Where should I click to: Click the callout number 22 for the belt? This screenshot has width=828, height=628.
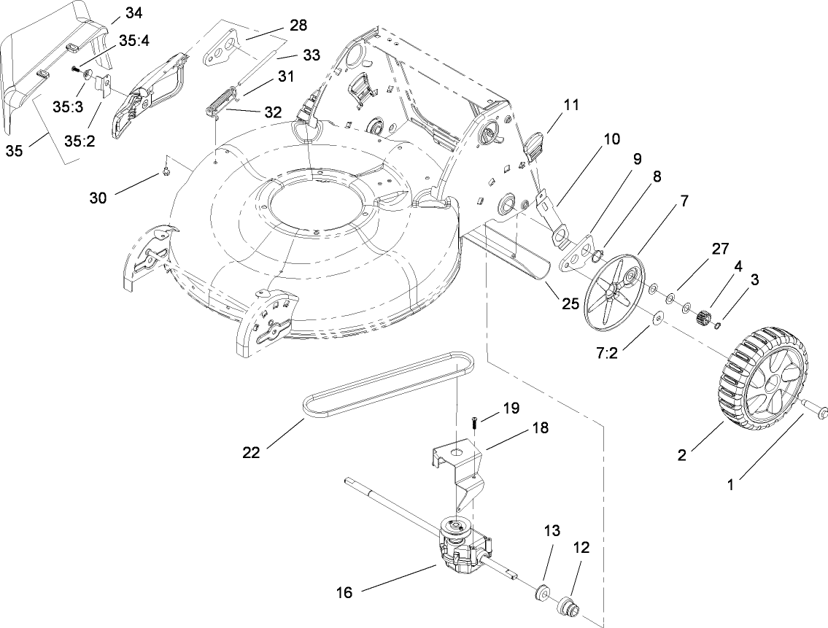tap(252, 452)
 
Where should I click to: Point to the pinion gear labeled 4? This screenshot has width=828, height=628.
tap(704, 319)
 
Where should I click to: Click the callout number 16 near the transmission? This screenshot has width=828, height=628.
tap(344, 592)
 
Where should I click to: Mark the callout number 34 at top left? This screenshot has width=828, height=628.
tap(134, 12)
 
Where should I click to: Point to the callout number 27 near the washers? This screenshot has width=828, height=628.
tap(721, 249)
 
